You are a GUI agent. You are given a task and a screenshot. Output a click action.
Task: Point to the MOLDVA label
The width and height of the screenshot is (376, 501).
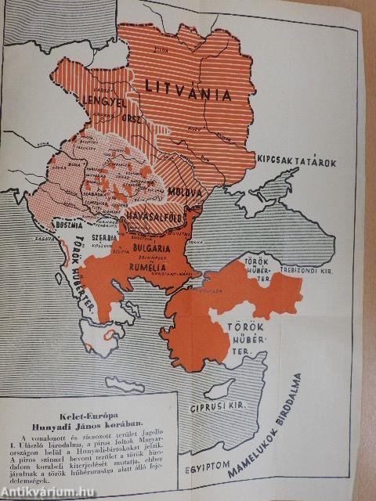click(x=184, y=192)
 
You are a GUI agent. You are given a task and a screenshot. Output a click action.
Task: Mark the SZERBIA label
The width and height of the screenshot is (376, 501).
click(x=103, y=236)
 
